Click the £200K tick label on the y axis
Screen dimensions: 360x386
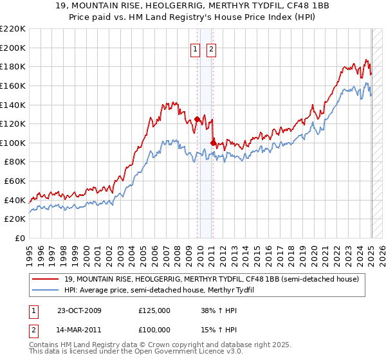click(13, 48)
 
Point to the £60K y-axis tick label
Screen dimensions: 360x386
click(15, 181)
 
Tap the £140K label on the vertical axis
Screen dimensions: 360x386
click(13, 105)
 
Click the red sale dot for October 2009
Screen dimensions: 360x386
click(198, 119)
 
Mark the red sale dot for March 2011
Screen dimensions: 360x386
click(213, 143)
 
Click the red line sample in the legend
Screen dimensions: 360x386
click(46, 278)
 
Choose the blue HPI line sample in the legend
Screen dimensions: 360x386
click(46, 290)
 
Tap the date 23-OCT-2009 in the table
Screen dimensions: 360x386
click(80, 310)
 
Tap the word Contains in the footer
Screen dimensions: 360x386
click(45, 345)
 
